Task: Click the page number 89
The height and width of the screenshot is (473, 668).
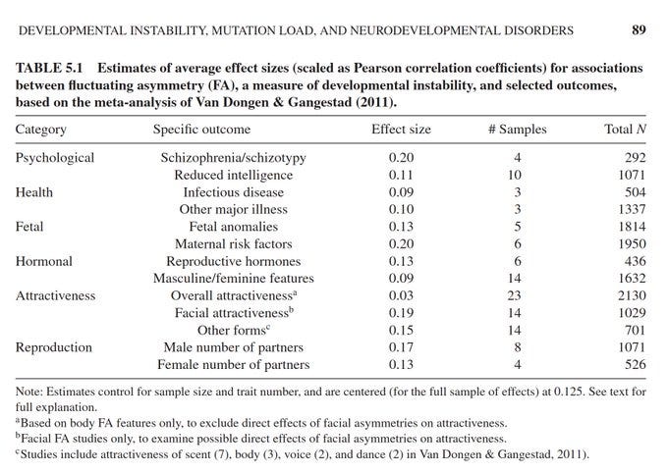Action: point(639,30)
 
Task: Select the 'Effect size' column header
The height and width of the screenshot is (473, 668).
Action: point(401,130)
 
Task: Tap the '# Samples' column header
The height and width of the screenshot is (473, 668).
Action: point(517,130)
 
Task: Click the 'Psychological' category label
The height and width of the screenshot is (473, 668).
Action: point(55,157)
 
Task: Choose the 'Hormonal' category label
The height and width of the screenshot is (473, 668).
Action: point(47,261)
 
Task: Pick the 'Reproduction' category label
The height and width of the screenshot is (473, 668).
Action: point(56,347)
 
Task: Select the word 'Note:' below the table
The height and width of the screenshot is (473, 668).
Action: point(32,394)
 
